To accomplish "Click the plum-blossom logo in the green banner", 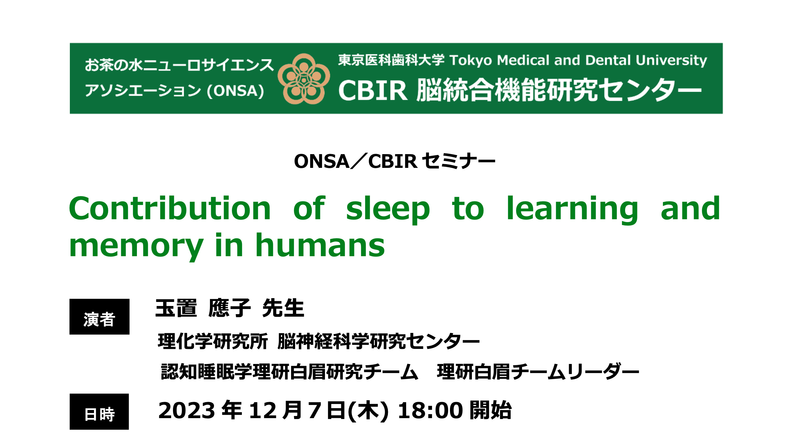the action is point(304,79).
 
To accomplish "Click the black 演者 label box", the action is point(99,317).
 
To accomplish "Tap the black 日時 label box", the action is point(99,412).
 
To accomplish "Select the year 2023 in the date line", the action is point(187,410).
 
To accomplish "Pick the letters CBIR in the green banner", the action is point(373,91).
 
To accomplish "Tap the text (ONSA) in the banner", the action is point(235,91).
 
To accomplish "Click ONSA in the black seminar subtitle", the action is point(322,162).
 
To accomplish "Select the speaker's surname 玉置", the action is point(176,308).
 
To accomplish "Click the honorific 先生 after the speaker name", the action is point(283,308).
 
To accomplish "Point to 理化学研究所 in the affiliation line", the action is point(213,341).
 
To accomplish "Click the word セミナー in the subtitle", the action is point(459,162).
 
